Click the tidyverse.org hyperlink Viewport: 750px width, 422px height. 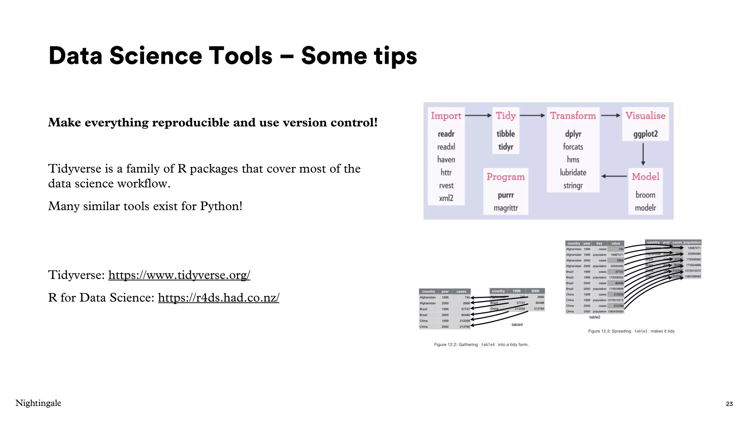point(179,275)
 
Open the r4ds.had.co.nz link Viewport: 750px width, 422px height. point(219,297)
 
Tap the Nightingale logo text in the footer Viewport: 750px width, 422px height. point(38,403)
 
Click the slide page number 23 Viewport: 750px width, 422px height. point(729,404)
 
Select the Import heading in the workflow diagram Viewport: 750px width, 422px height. point(446,116)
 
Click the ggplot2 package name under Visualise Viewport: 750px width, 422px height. point(645,134)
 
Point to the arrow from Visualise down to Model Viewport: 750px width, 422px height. point(643,154)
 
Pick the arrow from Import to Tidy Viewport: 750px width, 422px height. point(478,115)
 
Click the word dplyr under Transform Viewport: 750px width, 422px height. point(573,134)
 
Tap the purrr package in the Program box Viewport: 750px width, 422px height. point(505,195)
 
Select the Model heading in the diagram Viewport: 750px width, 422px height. point(645,177)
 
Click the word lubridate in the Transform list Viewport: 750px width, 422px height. point(573,173)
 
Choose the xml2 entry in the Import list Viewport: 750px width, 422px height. point(446,198)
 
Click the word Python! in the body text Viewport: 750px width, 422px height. point(221,206)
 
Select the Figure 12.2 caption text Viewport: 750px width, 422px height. point(481,344)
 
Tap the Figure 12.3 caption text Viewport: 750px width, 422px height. point(631,331)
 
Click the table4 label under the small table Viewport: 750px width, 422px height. point(517,325)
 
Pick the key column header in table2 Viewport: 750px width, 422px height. point(599,243)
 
